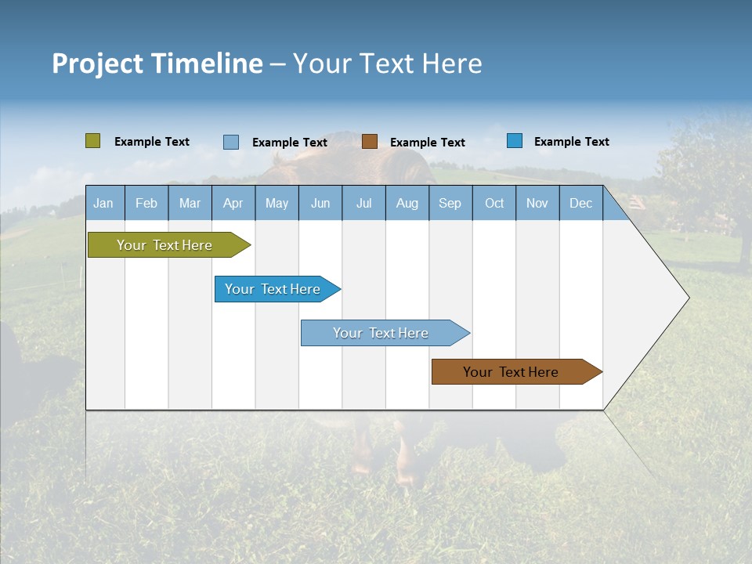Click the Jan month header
tap(104, 203)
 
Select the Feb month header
tap(146, 203)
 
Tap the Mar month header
tap(190, 203)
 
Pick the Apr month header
tap(233, 203)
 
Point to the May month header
tap(277, 203)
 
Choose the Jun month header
tap(320, 203)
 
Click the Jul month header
tap(363, 203)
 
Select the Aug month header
tap(407, 203)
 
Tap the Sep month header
tap(450, 203)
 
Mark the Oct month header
tap(494, 203)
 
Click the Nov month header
tap(537, 203)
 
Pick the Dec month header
tap(581, 203)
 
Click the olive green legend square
tap(93, 141)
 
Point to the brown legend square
tap(370, 142)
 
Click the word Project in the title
tap(98, 63)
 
